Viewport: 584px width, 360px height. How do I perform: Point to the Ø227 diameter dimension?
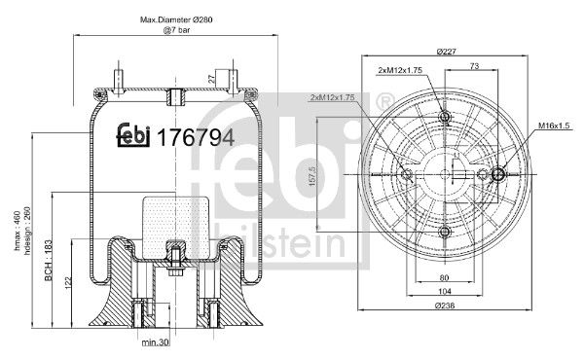tap(447, 51)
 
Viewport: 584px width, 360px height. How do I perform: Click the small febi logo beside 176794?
tap(132, 137)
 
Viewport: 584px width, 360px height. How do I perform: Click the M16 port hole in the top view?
tap(498, 175)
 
